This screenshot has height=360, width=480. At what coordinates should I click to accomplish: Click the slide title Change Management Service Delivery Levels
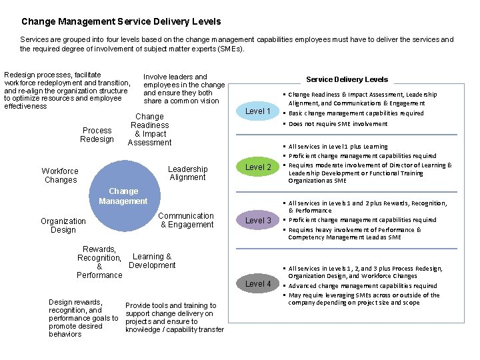(x=121, y=22)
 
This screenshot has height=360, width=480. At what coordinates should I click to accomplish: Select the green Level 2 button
(x=258, y=167)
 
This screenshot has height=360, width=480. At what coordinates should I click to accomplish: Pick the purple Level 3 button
(x=258, y=220)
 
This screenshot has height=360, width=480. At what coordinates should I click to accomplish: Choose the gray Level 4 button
(x=258, y=283)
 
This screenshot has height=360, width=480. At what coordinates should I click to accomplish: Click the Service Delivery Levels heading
(x=347, y=79)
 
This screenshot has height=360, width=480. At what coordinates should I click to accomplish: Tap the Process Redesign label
(x=97, y=135)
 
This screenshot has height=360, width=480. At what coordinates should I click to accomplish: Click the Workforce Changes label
(x=60, y=175)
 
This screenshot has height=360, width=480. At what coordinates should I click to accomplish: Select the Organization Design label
(x=63, y=225)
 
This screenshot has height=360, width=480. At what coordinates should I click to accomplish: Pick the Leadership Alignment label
(x=187, y=173)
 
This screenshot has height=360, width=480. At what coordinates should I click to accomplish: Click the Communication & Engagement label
(x=186, y=220)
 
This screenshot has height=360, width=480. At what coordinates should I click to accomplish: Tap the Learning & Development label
(x=152, y=261)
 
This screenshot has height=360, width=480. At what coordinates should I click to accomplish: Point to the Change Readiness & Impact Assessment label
(x=149, y=129)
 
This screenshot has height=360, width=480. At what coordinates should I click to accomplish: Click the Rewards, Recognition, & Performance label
(x=100, y=262)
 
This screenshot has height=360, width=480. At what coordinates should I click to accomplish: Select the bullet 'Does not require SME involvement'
(x=337, y=124)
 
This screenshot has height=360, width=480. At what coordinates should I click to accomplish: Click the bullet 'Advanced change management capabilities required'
(x=363, y=286)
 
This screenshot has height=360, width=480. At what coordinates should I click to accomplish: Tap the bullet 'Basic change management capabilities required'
(x=356, y=113)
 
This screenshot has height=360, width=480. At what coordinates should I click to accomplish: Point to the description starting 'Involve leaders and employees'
(x=183, y=89)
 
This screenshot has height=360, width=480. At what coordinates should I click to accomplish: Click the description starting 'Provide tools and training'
(x=174, y=317)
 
